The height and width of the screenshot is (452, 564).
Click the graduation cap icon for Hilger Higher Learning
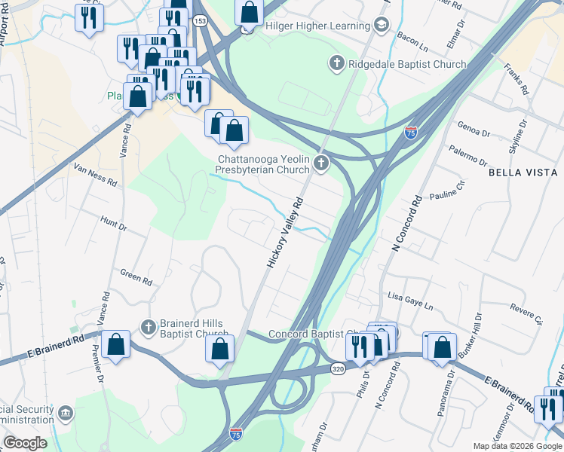[382, 26]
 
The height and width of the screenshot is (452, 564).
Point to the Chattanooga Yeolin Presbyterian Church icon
[322, 163]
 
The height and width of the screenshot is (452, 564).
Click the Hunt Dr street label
[113, 221]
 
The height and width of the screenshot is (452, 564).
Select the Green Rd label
[136, 277]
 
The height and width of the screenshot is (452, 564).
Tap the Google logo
[25, 443]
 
